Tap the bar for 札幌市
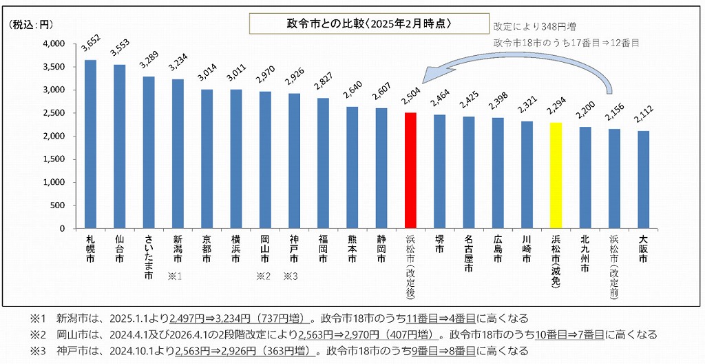click(90, 144)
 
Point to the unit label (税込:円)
click(30, 24)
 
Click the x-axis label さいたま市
click(149, 255)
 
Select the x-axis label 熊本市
click(352, 249)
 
